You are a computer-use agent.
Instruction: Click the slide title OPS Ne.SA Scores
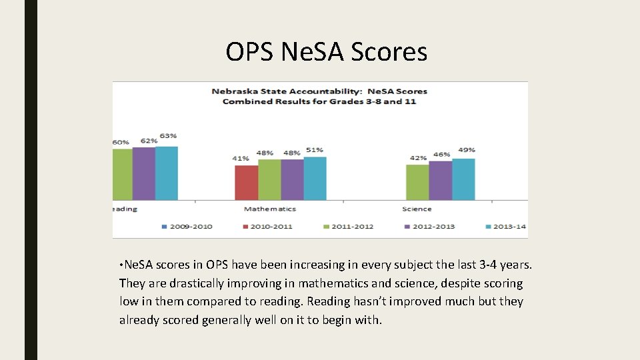(x=326, y=51)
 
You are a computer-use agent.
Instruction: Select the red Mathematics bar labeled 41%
(x=246, y=183)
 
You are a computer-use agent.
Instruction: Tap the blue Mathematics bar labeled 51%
(x=315, y=179)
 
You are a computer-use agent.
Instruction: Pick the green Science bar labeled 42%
(x=417, y=183)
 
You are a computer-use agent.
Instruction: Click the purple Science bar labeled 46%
(x=440, y=181)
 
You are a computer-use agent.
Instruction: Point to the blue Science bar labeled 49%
(x=463, y=179)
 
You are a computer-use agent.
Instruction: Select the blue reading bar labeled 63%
(x=166, y=173)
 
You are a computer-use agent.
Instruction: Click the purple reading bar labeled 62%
(x=143, y=174)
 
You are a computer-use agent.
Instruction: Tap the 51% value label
(x=315, y=150)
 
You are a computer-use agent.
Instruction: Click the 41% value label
(x=241, y=159)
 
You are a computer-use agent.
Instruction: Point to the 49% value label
(x=467, y=150)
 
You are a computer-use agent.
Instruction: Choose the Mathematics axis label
(x=269, y=209)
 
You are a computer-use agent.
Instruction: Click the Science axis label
(x=417, y=209)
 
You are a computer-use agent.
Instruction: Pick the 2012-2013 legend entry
(x=429, y=227)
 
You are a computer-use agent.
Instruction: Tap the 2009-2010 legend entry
(x=187, y=227)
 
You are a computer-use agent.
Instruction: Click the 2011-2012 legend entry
(x=347, y=227)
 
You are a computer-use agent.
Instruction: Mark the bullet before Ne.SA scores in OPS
(x=121, y=265)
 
